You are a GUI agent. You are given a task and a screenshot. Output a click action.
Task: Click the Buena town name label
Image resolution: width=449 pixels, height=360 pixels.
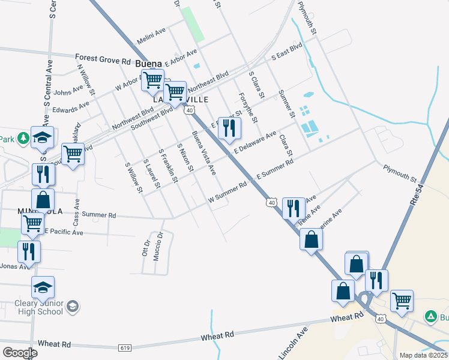[x=149, y=63]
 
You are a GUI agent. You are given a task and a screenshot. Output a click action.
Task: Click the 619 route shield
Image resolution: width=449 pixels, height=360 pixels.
[x=125, y=347]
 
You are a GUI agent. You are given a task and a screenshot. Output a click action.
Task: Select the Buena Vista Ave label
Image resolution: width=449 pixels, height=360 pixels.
[x=203, y=153]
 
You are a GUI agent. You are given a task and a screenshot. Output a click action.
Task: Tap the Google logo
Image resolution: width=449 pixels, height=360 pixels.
[x=20, y=352]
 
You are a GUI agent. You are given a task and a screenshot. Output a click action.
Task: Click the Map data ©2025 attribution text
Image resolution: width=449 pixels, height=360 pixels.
[x=423, y=355]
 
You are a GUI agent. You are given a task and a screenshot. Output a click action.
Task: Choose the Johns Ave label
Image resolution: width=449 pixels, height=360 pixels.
[x=68, y=91]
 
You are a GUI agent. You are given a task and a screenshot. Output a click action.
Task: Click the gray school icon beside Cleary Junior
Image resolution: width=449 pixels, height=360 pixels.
[x=72, y=307]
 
